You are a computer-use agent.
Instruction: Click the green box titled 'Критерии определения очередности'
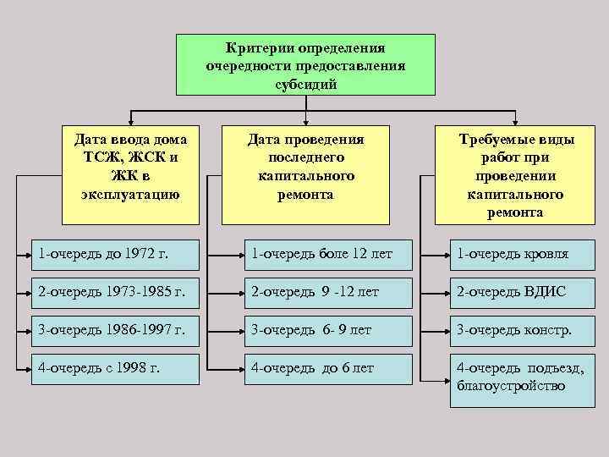(305, 64)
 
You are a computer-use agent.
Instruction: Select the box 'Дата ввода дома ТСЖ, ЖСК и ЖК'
(130, 167)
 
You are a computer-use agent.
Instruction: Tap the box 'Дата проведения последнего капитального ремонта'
(305, 167)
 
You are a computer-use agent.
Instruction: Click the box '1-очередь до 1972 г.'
(115, 253)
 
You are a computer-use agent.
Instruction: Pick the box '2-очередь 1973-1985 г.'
(115, 292)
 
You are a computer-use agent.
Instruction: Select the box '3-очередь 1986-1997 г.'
(115, 330)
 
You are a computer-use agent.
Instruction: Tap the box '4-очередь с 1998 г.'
(115, 369)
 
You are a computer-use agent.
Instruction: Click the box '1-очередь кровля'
(524, 253)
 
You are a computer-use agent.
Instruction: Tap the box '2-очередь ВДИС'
(524, 292)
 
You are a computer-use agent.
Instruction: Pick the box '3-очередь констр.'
(524, 330)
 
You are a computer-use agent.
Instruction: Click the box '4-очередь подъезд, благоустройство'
(524, 377)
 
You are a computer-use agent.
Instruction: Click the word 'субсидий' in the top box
(305, 85)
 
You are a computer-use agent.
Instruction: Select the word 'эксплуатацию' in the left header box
(130, 194)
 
